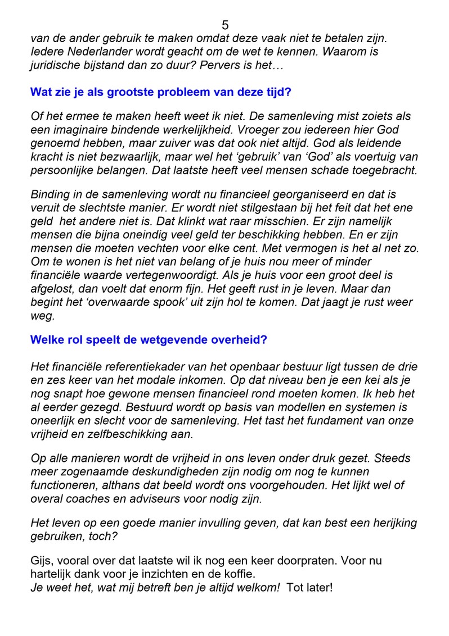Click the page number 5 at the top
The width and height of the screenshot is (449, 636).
click(x=225, y=25)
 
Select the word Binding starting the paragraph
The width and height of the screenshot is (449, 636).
click(x=52, y=194)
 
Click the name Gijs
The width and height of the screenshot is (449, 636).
click(x=41, y=561)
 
